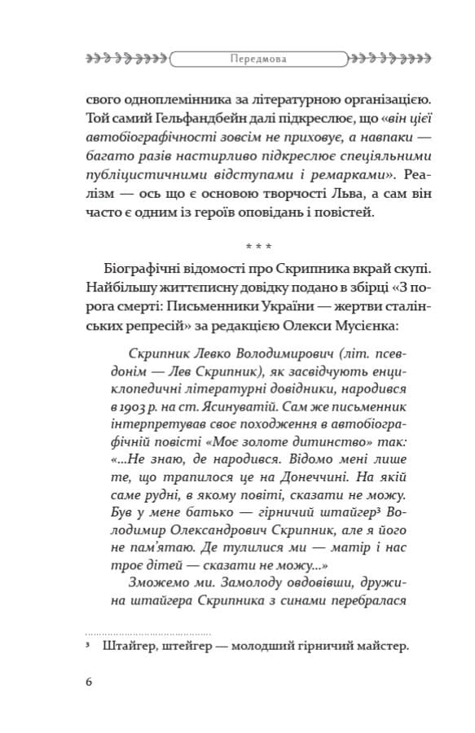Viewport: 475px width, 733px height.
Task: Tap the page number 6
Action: click(x=88, y=681)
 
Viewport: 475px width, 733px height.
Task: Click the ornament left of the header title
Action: click(x=127, y=59)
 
